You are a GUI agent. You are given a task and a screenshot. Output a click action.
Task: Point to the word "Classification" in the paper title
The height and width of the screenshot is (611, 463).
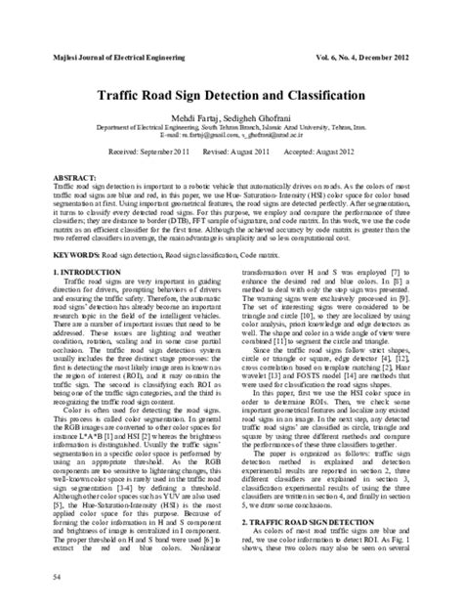tap(315, 97)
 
